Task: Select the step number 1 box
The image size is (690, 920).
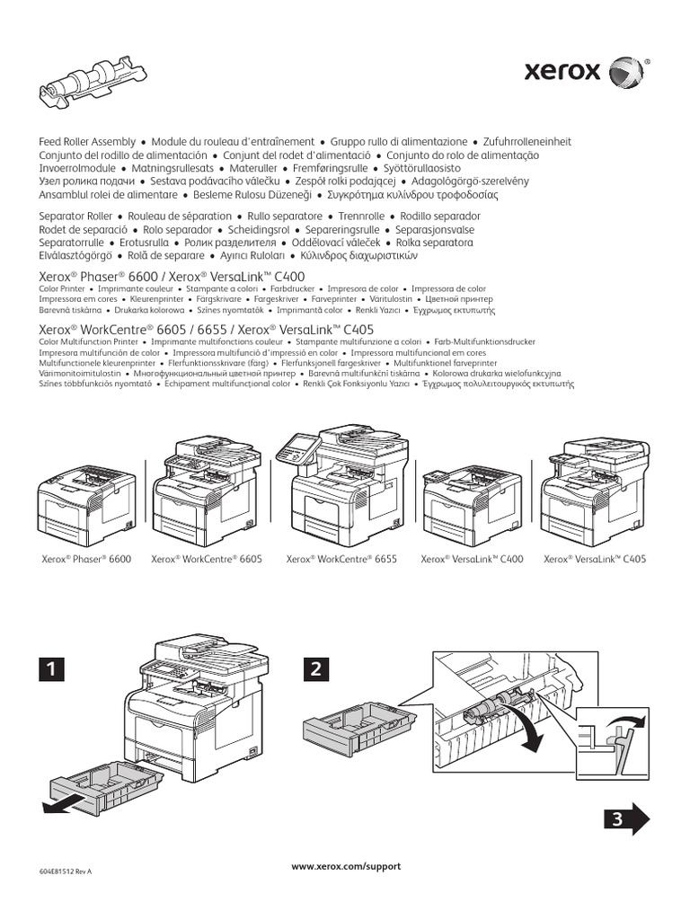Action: click(x=52, y=668)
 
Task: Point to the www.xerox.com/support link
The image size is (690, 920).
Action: click(x=346, y=866)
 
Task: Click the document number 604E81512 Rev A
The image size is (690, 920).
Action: click(x=66, y=871)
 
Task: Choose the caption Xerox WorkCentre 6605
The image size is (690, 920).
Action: click(x=208, y=559)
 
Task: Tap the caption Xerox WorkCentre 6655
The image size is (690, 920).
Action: click(x=341, y=559)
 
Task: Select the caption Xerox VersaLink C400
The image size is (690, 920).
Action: click(x=473, y=559)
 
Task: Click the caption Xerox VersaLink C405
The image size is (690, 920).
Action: click(x=595, y=559)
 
